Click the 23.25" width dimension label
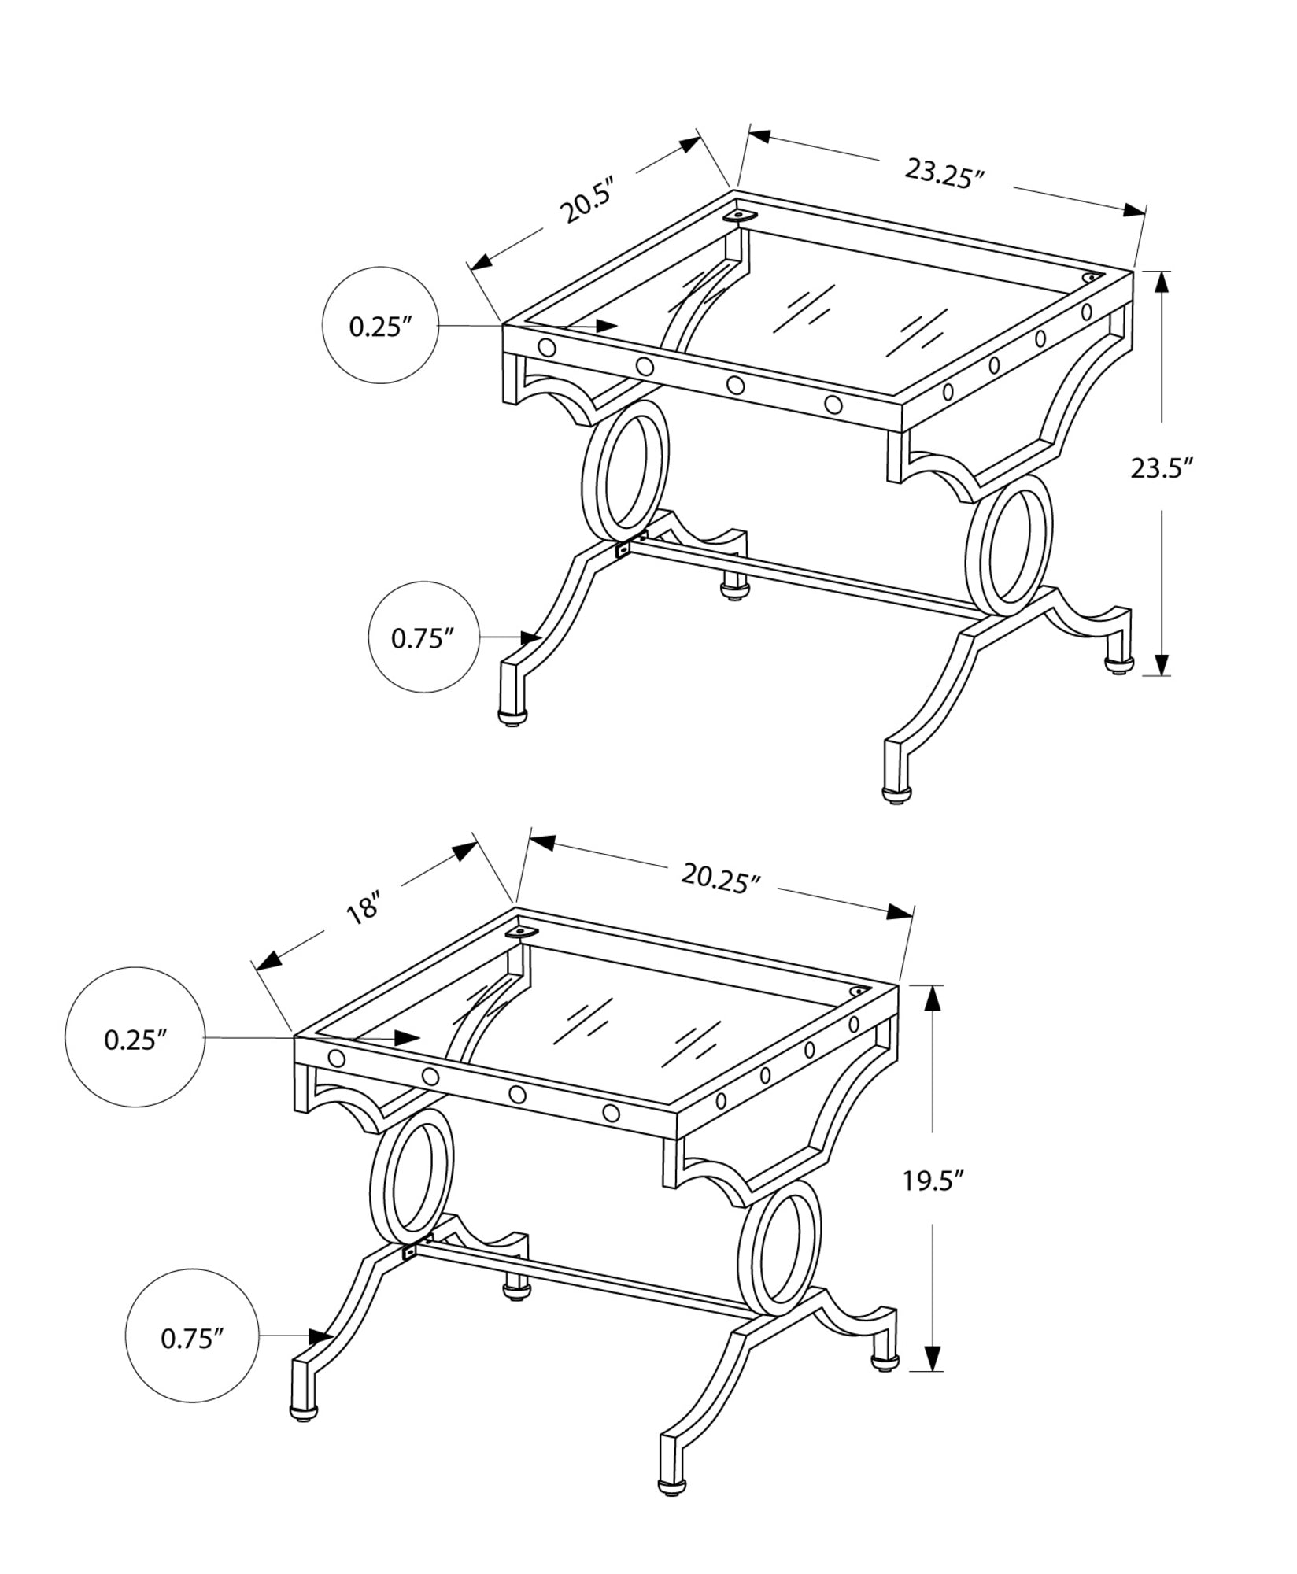[944, 172]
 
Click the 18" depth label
[363, 910]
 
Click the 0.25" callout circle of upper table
[381, 326]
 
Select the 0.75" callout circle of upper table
[424, 637]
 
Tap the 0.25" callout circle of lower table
[135, 1039]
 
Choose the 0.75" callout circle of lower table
[193, 1337]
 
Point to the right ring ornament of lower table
[779, 1253]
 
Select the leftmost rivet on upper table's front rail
[546, 347]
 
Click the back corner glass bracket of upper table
[740, 215]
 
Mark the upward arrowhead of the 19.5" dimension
[932, 999]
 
